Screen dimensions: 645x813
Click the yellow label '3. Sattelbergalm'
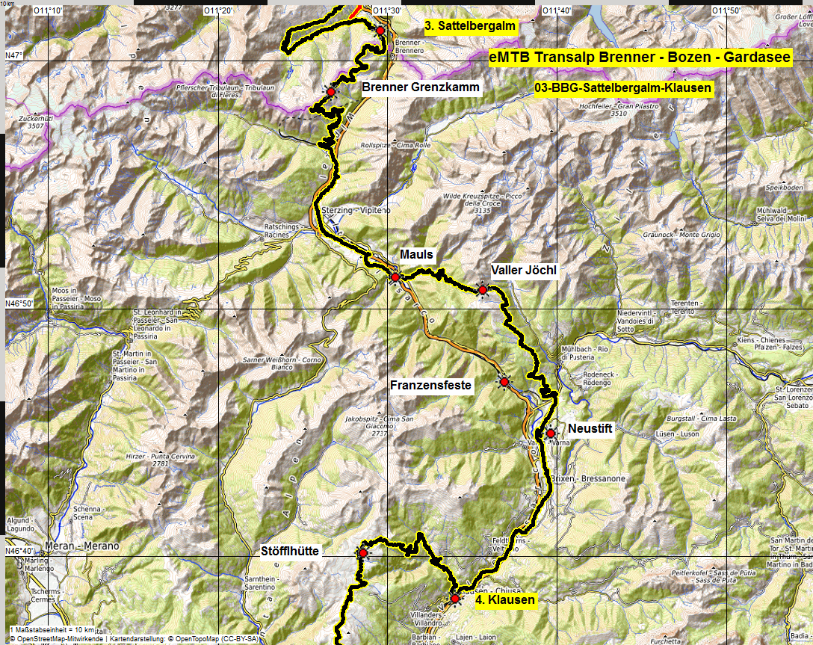(470, 26)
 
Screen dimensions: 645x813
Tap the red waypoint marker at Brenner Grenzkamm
(330, 90)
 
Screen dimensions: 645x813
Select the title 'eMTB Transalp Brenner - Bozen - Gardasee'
(640, 58)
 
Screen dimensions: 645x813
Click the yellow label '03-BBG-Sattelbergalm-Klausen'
(623, 88)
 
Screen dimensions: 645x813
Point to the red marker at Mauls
(395, 277)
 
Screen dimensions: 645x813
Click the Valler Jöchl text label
(524, 270)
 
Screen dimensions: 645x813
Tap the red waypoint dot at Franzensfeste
(504, 382)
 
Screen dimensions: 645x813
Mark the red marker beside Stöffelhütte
(363, 553)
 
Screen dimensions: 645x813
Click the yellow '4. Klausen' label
(505, 599)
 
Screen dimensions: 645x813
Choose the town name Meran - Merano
(82, 546)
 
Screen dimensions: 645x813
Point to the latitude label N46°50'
(19, 303)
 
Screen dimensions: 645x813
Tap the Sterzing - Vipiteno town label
(356, 211)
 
